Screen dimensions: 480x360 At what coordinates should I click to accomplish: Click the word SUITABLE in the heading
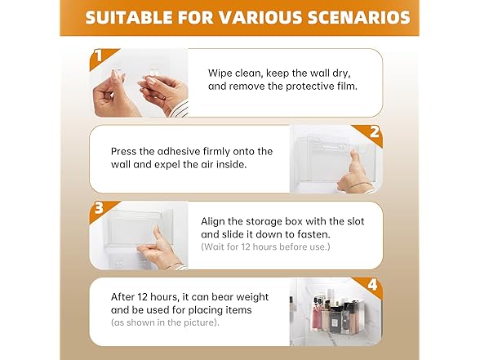(x=129, y=17)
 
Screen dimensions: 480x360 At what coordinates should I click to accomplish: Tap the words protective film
(x=322, y=87)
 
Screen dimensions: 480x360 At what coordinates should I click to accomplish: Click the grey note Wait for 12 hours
(x=265, y=247)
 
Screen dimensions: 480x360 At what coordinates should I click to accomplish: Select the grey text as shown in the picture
(x=165, y=322)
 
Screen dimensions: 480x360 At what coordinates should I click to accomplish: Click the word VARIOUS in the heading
(x=261, y=17)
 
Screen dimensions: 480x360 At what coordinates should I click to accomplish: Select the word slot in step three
(x=355, y=221)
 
